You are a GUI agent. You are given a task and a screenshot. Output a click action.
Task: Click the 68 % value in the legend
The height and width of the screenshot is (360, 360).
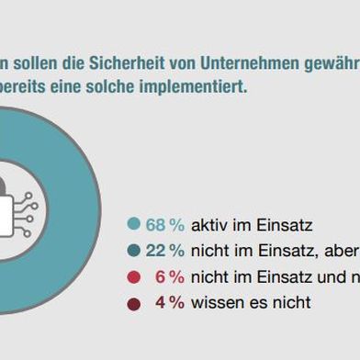[x=164, y=224]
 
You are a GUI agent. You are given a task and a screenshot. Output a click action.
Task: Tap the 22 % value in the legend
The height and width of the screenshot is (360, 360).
[x=164, y=251]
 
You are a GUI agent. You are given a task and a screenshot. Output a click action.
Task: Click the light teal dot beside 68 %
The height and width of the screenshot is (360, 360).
[x=134, y=224]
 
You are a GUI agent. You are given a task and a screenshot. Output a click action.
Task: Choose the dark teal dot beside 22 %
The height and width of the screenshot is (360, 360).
[x=134, y=251]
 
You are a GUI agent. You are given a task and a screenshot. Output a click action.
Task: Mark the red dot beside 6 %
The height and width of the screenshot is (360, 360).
[x=134, y=276]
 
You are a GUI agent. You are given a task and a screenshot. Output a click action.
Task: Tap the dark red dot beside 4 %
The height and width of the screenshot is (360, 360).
[x=134, y=302]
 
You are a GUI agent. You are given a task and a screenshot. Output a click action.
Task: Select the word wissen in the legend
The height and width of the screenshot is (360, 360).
[x=213, y=302]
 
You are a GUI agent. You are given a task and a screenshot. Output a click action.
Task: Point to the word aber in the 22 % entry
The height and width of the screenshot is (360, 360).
[x=340, y=251]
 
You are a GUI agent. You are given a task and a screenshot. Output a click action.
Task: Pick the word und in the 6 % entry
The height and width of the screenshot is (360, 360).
[x=318, y=276]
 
